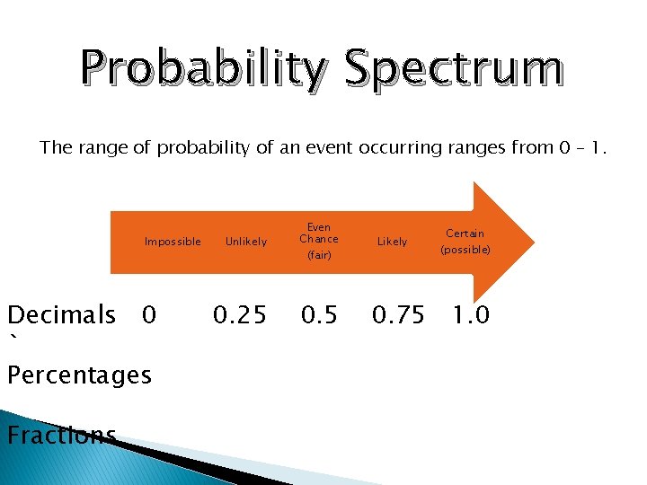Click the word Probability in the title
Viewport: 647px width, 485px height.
pos(204,70)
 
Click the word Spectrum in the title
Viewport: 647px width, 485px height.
pos(453,70)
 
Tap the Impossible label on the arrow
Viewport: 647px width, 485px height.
pos(173,242)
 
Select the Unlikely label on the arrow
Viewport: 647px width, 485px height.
pos(245,242)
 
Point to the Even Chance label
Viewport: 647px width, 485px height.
pos(319,234)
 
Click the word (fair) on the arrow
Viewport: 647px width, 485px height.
pos(319,256)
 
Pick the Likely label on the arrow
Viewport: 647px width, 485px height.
pos(392,242)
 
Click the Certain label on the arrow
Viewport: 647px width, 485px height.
pos(465,234)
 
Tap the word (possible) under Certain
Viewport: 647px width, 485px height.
pos(465,250)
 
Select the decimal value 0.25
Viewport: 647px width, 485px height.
pos(239,315)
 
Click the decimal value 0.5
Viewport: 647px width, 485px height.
pos(320,315)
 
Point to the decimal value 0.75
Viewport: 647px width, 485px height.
pos(399,315)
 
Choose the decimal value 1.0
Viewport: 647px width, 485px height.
pos(471,315)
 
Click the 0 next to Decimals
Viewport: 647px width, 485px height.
pos(149,315)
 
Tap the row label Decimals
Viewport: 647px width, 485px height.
pos(61,315)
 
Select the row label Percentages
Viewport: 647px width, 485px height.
pos(78,375)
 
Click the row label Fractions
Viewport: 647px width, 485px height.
pos(61,436)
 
